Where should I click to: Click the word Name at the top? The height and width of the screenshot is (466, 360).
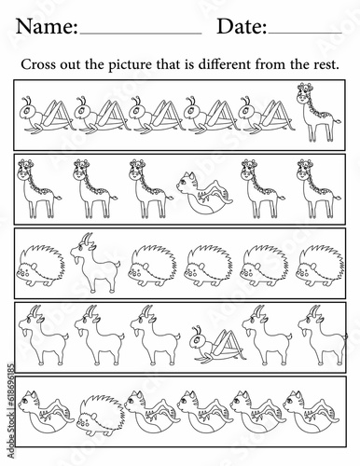[x=45, y=26]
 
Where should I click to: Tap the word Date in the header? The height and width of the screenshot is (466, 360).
[x=240, y=26]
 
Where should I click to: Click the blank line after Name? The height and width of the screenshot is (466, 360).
[x=141, y=34]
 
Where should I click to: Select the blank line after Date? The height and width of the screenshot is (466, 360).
[x=305, y=33]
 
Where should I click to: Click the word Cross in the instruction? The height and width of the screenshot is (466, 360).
[x=38, y=64]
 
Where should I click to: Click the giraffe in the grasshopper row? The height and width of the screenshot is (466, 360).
[x=318, y=113]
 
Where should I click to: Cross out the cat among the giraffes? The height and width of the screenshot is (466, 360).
[x=204, y=193]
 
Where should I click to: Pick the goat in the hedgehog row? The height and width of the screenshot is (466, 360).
[x=95, y=263]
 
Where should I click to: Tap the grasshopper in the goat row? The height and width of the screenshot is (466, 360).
[x=216, y=344]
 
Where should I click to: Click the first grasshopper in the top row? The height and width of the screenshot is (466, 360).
[x=47, y=116]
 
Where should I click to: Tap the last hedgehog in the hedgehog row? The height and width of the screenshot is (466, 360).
[x=320, y=266]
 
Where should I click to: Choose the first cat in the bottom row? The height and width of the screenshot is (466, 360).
[x=46, y=412]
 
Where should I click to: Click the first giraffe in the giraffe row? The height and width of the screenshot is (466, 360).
[x=39, y=189]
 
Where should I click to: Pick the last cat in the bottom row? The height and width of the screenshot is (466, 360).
[x=311, y=412]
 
